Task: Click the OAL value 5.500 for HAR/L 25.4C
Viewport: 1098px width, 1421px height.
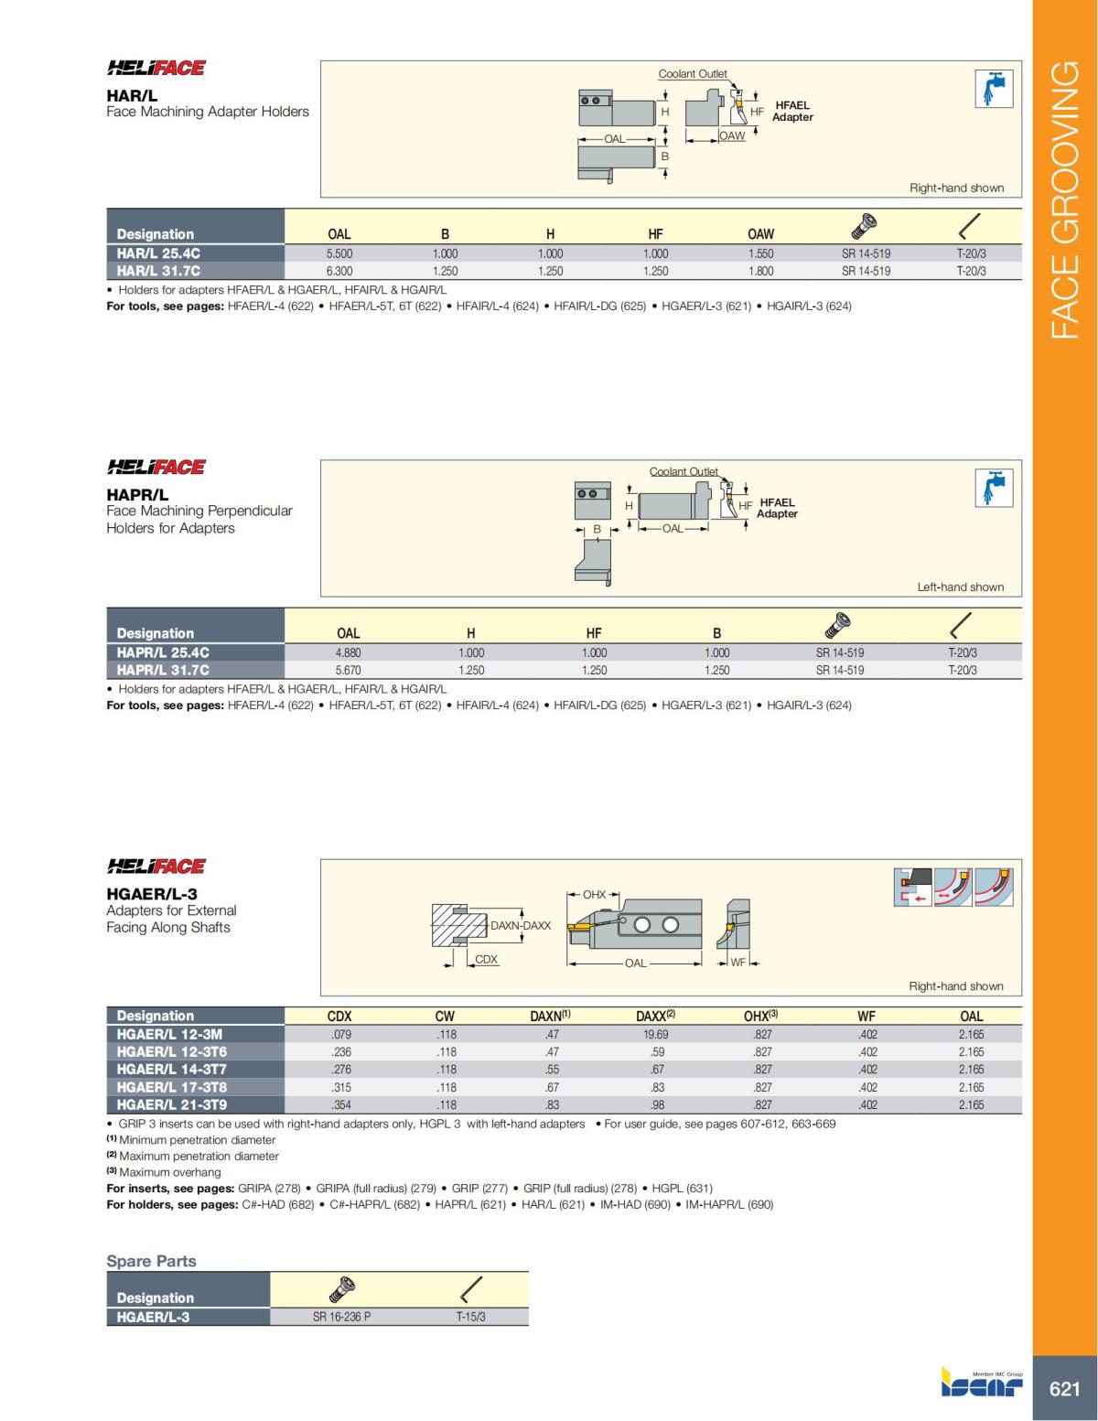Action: click(339, 253)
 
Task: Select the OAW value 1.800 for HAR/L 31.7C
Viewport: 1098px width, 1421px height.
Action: click(760, 271)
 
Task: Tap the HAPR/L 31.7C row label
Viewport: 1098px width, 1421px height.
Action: click(163, 670)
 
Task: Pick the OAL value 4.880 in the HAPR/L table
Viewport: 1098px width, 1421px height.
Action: click(348, 652)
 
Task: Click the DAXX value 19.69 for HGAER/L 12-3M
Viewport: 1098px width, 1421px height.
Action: click(656, 1034)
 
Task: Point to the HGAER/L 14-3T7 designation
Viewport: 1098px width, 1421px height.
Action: click(171, 1069)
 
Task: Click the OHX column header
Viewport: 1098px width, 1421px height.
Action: click(760, 1016)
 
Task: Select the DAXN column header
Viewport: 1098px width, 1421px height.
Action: click(550, 1016)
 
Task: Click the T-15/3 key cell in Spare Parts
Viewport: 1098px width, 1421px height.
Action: click(470, 1317)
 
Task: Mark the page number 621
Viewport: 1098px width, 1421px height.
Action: click(1064, 1389)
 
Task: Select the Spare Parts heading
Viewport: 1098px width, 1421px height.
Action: click(152, 1261)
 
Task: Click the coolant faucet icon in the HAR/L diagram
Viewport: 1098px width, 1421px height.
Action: click(993, 89)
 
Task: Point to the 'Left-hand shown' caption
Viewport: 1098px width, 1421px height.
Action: click(960, 587)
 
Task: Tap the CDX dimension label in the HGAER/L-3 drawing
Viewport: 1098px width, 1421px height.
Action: click(486, 959)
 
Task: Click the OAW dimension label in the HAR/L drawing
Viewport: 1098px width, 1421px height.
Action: click(732, 135)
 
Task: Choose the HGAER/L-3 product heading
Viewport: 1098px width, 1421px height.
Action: click(152, 894)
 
